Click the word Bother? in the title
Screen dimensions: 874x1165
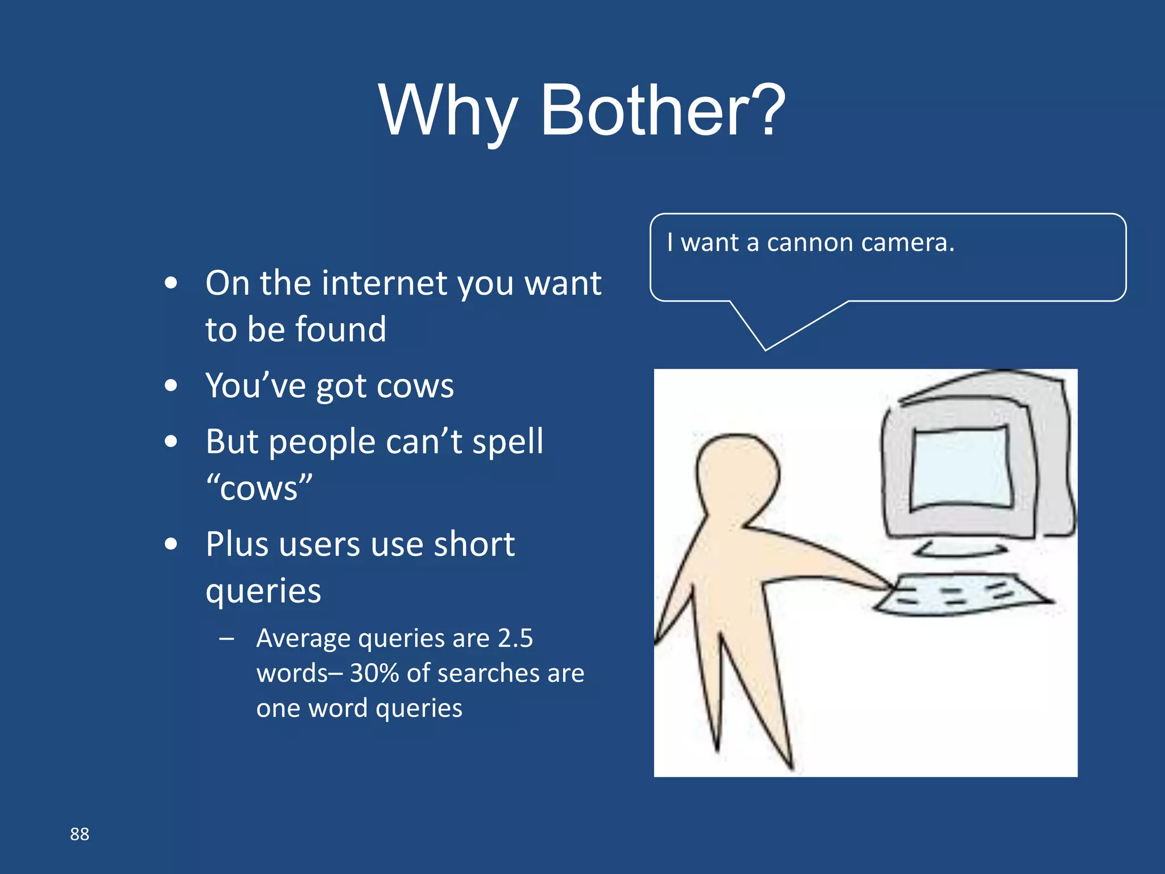click(x=663, y=111)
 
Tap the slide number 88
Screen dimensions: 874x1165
click(x=80, y=834)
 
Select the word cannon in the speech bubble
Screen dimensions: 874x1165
click(x=810, y=243)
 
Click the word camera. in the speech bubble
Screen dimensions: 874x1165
click(x=908, y=243)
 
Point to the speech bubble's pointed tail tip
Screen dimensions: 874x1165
click(x=766, y=349)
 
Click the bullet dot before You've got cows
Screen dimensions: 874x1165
click(x=171, y=386)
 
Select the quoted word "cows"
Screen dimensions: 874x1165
click(x=259, y=488)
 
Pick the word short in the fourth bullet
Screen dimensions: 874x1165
click(x=474, y=545)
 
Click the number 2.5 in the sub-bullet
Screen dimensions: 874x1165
click(x=515, y=638)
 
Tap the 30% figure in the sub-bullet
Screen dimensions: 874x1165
click(x=374, y=673)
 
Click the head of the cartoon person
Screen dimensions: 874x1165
click(x=737, y=475)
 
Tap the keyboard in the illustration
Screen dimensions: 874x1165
click(x=961, y=595)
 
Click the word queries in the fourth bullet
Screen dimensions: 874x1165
click(x=263, y=591)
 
